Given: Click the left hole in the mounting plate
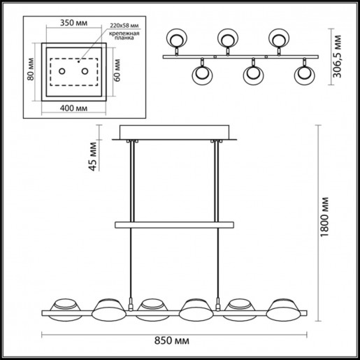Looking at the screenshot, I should click(x=62, y=71).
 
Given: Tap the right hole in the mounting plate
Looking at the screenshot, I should click(x=85, y=71).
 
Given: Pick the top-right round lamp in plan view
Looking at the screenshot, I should click(x=278, y=38).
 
